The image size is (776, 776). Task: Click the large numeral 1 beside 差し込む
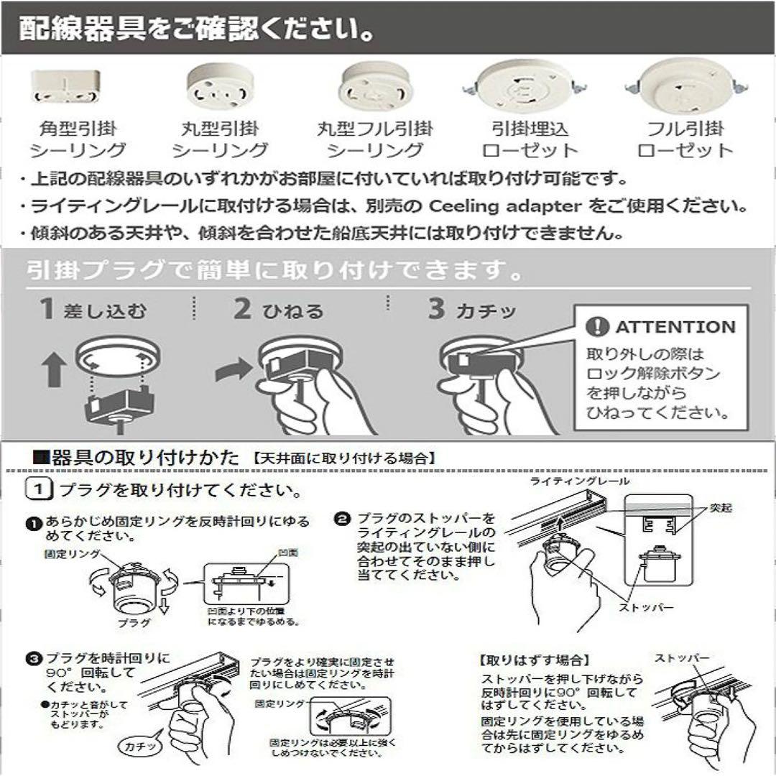click(x=47, y=310)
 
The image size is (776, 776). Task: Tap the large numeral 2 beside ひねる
click(x=242, y=310)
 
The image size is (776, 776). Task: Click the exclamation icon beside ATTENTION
click(x=597, y=327)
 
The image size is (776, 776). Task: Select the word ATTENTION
click(x=675, y=328)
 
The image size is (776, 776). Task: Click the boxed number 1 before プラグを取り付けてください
click(x=39, y=491)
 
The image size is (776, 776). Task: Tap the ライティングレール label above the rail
click(x=579, y=481)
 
